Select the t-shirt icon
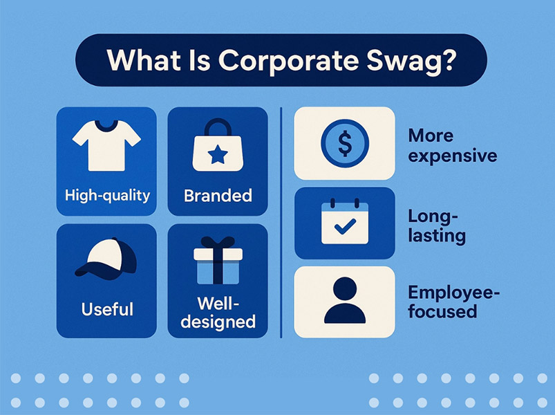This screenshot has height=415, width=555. tap(106, 144)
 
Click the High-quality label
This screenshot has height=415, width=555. tap(107, 195)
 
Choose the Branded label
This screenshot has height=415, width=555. tap(218, 196)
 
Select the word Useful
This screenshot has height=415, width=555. tap(107, 308)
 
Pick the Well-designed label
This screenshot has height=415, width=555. tap(218, 313)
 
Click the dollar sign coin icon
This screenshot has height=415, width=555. tap(345, 143)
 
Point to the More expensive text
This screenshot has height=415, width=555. tap(452, 145)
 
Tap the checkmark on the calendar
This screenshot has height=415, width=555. tap(345, 226)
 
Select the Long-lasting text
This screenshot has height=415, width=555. tap(438, 225)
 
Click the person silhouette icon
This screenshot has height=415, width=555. tap(345, 302)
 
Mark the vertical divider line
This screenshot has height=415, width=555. tap(281, 221)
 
